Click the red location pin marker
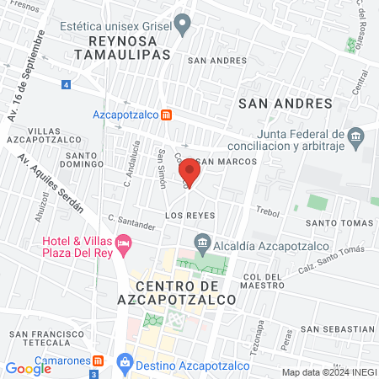pyautogui.click(x=189, y=175)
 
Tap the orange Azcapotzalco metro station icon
pyautogui.click(x=167, y=115)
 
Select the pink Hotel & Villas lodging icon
pyautogui.click(x=125, y=246)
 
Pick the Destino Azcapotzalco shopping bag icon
pyautogui.click(x=125, y=360)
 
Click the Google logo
pyautogui.click(x=29, y=368)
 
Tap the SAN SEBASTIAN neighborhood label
pyautogui.click(x=337, y=328)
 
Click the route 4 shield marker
pyautogui.click(x=66, y=84)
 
